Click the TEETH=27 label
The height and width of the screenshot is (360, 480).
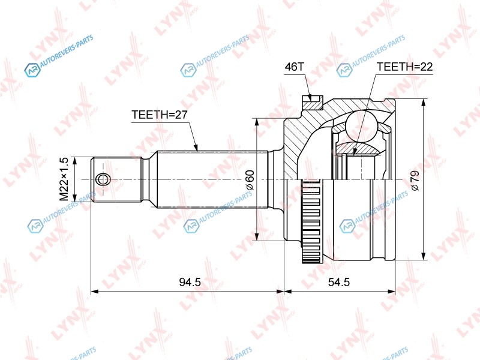[x=159, y=115]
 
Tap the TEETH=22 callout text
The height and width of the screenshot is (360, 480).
[x=404, y=67]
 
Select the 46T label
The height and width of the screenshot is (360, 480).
[x=295, y=67]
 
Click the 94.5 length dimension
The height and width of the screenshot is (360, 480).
[x=190, y=282]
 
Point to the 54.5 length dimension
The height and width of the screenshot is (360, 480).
[x=339, y=282]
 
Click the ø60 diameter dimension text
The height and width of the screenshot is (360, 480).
[x=250, y=179]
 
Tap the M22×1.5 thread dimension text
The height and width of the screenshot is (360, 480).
[x=64, y=179]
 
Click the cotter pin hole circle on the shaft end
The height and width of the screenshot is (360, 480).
[x=103, y=179]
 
